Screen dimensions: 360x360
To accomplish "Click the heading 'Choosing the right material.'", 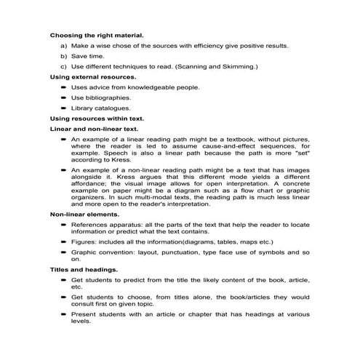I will pos(96,34).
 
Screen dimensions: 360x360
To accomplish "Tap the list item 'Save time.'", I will pos(88,55).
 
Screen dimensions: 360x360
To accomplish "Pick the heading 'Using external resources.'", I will pos(93,76).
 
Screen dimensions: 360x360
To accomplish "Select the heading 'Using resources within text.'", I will pos(97,118).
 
